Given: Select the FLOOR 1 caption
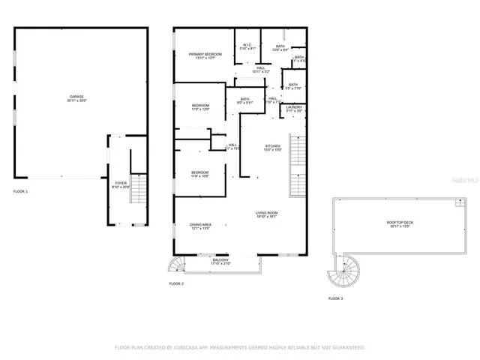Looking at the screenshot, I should point(20,192).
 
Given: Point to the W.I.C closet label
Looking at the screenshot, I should point(247,46).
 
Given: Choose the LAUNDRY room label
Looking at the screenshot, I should point(293,108).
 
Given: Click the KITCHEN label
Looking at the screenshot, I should point(272,146).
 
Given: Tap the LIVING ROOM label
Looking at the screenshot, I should point(266,214).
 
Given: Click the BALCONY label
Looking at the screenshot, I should point(220,260).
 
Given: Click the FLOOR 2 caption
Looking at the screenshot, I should point(176,284).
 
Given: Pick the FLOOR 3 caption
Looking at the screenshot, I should point(335,298).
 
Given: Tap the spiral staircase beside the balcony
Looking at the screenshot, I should point(175,265).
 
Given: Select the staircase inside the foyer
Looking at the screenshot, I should point(136,186).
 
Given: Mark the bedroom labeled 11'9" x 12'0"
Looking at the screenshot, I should point(199,107).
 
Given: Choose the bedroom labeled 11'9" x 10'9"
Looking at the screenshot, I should point(199,174).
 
